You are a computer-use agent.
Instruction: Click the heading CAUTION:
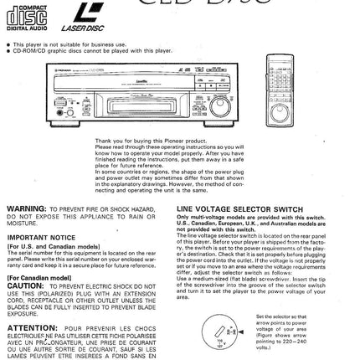(23, 283)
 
